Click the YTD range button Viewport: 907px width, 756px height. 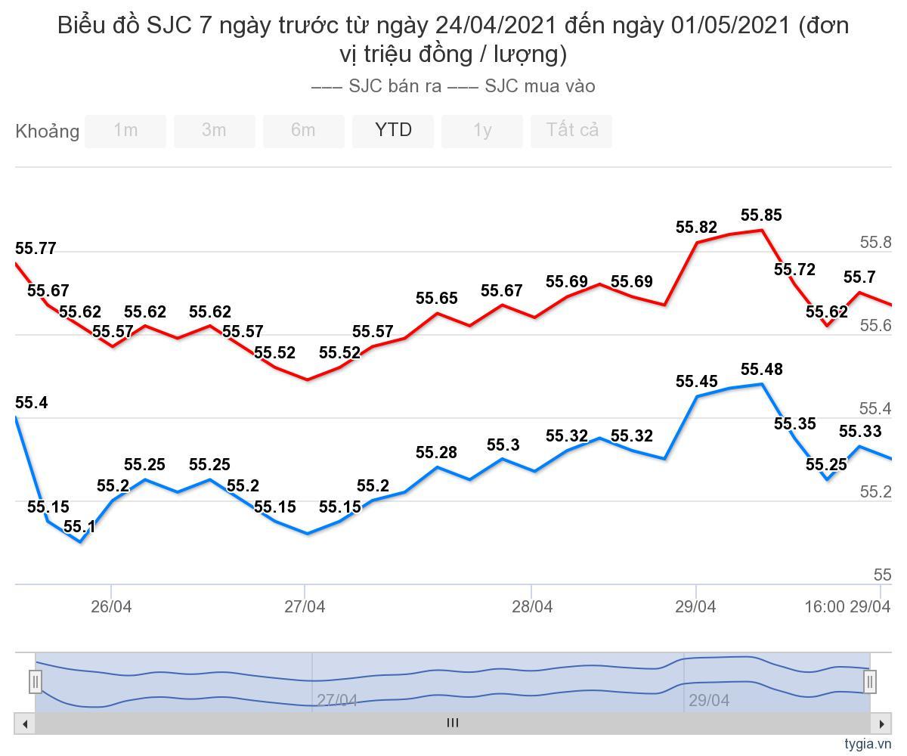[393, 131]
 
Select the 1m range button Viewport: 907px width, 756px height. [125, 131]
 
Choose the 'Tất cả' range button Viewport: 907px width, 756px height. [571, 131]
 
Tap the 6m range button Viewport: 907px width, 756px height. [303, 131]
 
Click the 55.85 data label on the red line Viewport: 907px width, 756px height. [761, 215]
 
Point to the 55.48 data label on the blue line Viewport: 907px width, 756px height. [761, 370]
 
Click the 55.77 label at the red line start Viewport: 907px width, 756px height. [36, 249]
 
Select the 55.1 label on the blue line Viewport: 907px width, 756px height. [79, 526]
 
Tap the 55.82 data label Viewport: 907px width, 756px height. [696, 228]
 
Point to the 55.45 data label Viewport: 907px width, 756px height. [696, 382]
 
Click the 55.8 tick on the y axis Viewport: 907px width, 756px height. [876, 243]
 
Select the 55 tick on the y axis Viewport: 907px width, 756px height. [882, 575]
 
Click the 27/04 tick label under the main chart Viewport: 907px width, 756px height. [305, 607]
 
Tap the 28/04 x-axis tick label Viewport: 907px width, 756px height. [531, 607]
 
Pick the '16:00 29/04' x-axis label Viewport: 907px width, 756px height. [847, 607]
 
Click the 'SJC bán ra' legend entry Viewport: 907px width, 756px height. [378, 86]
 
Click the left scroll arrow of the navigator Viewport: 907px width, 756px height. [25, 723]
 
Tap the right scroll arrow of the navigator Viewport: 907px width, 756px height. [881, 723]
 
